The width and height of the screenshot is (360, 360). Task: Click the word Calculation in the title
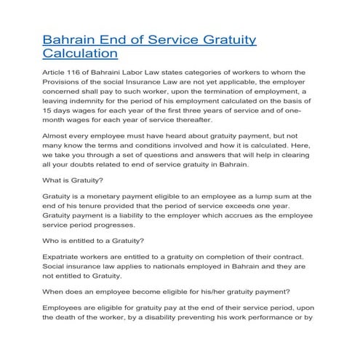pyautogui.click(x=80, y=53)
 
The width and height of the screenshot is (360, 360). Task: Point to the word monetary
pyautogui.click(x=119, y=196)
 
